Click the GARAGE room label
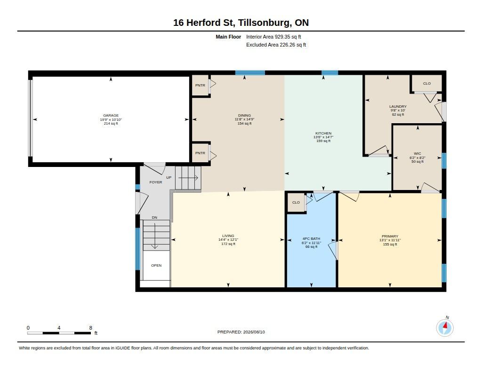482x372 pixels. click(111, 116)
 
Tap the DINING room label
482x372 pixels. click(244, 116)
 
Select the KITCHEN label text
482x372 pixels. click(323, 133)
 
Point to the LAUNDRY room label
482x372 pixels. click(398, 107)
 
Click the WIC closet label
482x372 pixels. click(418, 154)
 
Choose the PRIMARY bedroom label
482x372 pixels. click(390, 237)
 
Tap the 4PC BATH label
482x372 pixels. click(311, 239)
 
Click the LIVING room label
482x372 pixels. click(228, 236)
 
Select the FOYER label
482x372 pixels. click(155, 182)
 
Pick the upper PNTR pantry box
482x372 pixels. click(200, 86)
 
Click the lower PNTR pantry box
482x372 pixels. click(200, 153)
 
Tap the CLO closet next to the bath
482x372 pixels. click(296, 202)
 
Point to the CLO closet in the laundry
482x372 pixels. click(426, 83)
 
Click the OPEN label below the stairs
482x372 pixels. click(156, 265)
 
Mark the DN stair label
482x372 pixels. click(154, 217)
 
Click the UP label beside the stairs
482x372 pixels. click(169, 178)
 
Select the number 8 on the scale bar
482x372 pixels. click(91, 328)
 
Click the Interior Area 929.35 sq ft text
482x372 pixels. click(273, 37)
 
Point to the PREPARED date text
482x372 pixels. click(241, 332)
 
